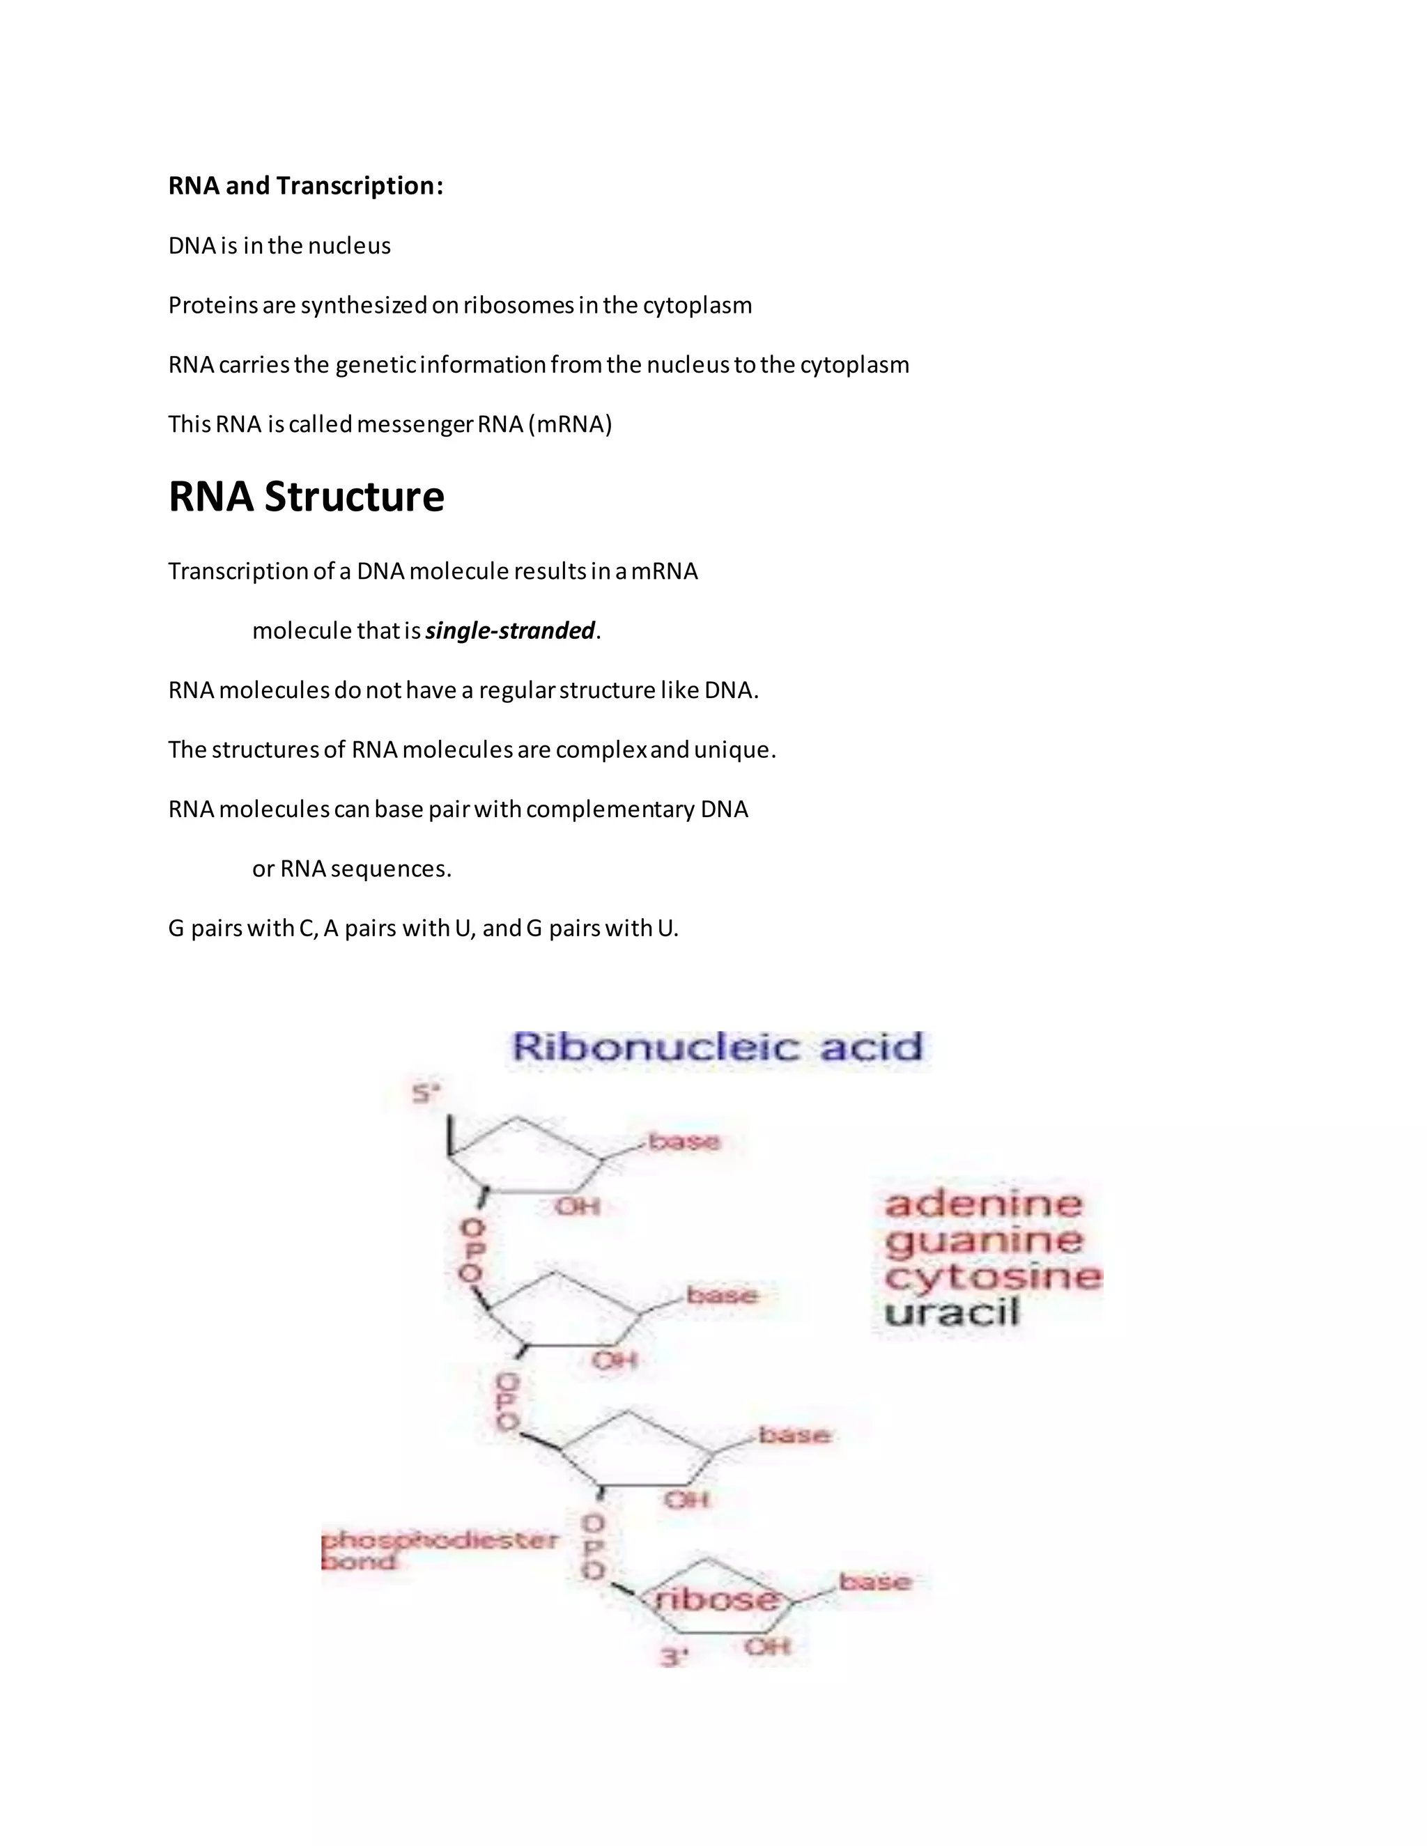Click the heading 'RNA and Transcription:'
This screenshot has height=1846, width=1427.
click(x=305, y=186)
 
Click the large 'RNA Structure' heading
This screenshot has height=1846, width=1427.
click(x=306, y=496)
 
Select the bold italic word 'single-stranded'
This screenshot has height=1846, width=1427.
click(x=510, y=630)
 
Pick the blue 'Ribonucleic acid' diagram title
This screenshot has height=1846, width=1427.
click(x=717, y=1047)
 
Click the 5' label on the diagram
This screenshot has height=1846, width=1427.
click(x=426, y=1094)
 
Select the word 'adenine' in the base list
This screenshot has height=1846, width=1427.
click(x=983, y=1204)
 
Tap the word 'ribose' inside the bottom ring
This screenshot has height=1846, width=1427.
click(x=718, y=1598)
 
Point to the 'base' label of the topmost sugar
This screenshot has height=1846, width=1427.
click(x=684, y=1142)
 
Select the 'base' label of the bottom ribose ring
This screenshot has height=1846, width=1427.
click(x=875, y=1581)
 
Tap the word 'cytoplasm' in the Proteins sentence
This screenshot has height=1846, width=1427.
click(x=697, y=305)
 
